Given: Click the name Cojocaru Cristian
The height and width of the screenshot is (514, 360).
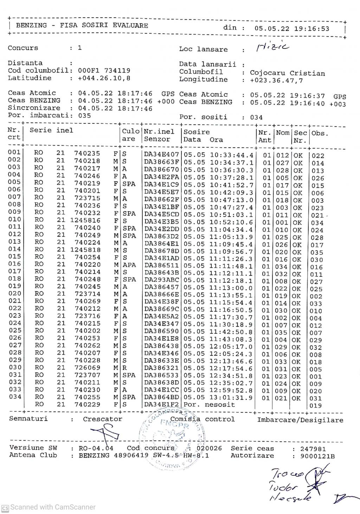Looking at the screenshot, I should [287, 73].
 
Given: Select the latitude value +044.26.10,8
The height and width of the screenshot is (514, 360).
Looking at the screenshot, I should [104, 78].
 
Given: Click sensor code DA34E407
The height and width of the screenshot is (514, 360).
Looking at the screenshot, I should [162, 154].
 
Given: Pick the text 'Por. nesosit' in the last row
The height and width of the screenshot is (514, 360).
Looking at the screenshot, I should [209, 405].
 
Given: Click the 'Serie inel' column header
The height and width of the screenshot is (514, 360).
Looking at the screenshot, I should [51, 130].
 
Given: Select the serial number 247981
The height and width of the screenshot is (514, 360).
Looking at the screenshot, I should [313, 449].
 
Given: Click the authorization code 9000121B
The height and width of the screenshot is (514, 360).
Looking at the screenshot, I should [317, 456].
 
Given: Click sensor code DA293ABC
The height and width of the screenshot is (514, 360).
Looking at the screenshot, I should [162, 281].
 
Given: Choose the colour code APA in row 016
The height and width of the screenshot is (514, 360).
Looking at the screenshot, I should [129, 265].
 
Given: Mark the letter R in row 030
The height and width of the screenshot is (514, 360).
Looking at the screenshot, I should [124, 368].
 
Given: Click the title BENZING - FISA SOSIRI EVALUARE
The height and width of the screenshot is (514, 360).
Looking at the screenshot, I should [82, 25].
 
